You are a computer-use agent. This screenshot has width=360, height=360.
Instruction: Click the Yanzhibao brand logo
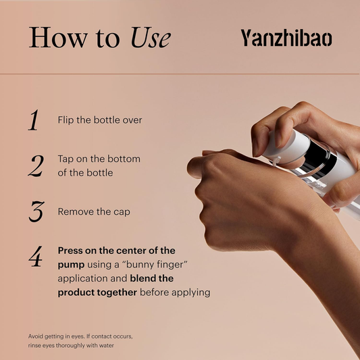[x=286, y=38]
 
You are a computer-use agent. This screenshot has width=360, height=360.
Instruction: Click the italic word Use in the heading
[x=151, y=37]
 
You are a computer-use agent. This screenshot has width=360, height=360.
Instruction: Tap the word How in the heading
[x=58, y=37]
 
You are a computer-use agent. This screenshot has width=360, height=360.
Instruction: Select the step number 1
[x=34, y=120]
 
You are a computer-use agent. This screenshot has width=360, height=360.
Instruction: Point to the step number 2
[x=36, y=165]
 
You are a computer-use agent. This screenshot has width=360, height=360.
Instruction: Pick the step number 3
[x=36, y=211]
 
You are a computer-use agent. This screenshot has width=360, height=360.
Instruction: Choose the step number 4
[x=36, y=257]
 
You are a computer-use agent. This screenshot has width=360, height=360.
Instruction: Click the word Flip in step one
[x=66, y=120]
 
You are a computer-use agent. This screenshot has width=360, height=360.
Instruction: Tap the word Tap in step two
[x=66, y=159]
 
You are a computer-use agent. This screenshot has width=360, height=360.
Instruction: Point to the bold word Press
[x=70, y=251]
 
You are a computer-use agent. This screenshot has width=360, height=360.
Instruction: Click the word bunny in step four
[x=140, y=265]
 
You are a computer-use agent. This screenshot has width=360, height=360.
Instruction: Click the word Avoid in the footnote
[x=35, y=336]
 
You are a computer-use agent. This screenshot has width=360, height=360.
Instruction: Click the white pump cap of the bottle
[x=286, y=147]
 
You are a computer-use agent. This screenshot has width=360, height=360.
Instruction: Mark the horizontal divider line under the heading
[x=180, y=74]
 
